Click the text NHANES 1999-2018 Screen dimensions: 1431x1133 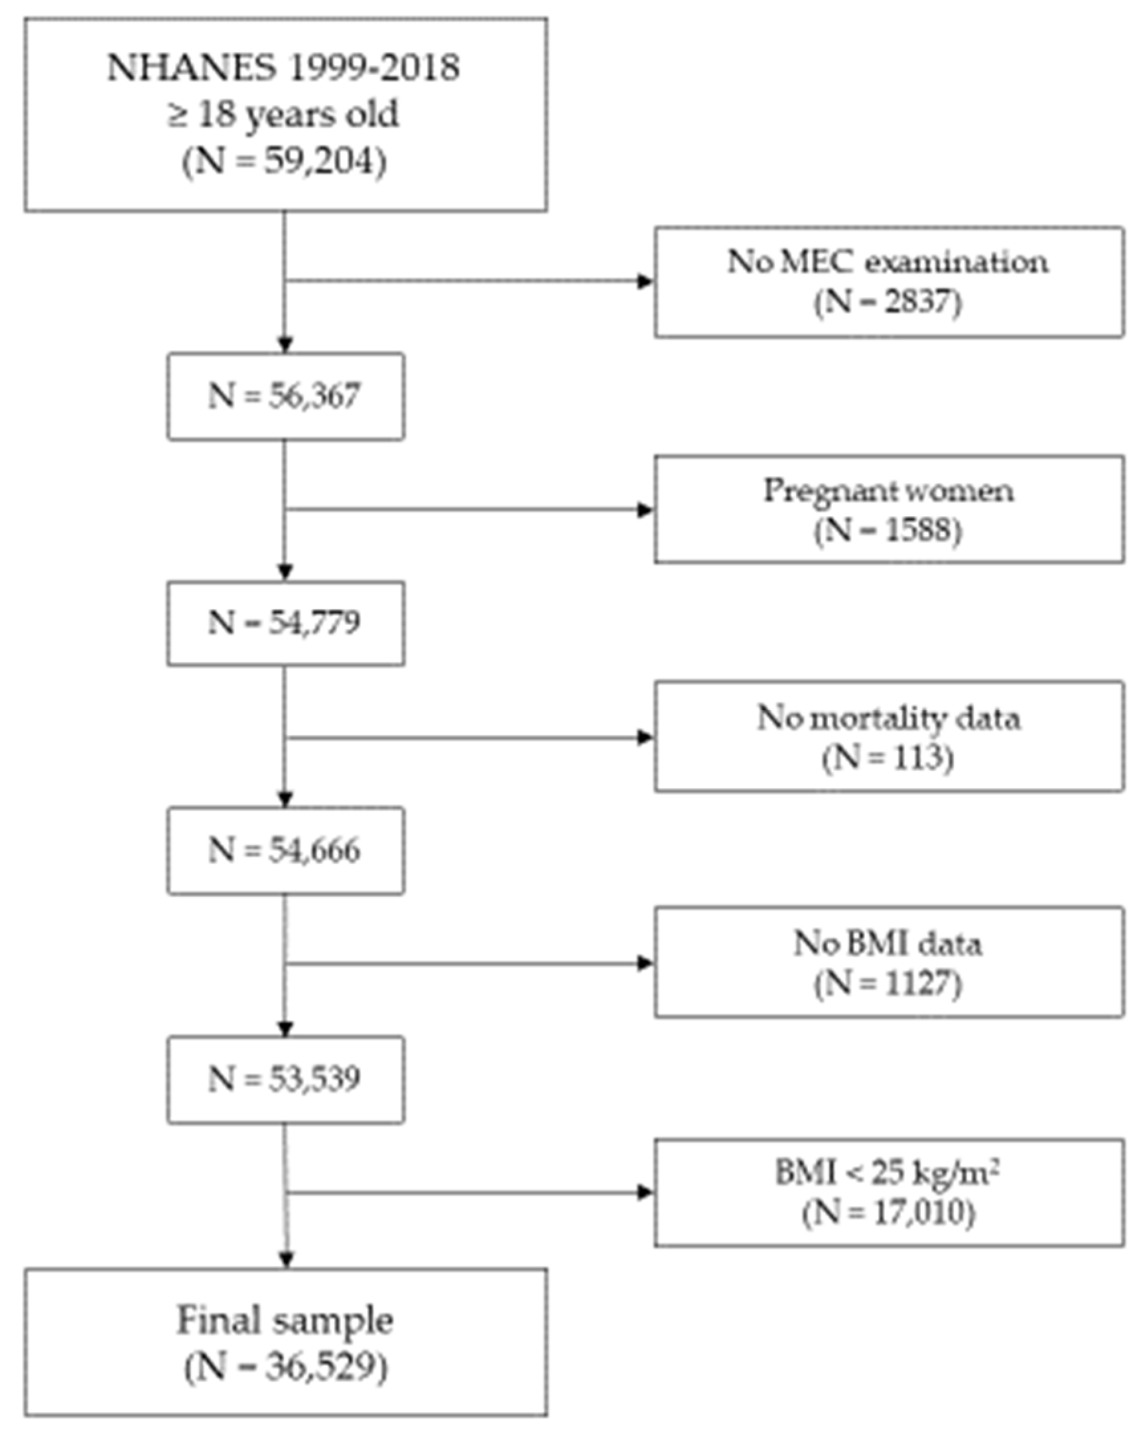pos(283,68)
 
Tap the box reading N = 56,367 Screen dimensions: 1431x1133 pos(285,396)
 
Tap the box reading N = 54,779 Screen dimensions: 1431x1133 pos(285,623)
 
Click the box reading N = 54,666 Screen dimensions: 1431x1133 pos(285,851)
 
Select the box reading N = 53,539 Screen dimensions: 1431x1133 pos(285,1079)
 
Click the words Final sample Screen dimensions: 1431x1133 pos(285,1320)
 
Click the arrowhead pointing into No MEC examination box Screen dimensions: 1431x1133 pos(645,281)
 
